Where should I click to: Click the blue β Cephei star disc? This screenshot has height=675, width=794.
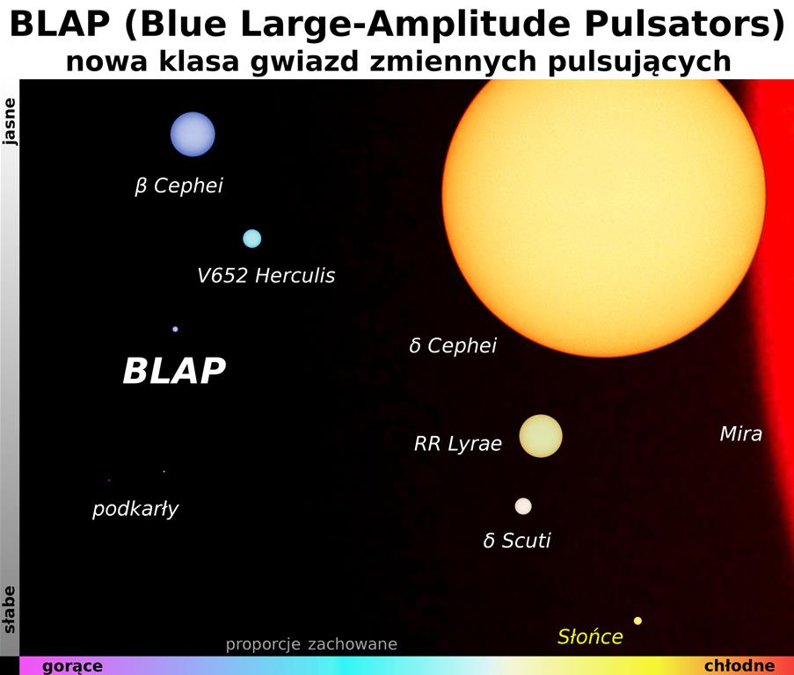[193, 134]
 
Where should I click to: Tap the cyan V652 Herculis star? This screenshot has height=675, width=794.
[252, 238]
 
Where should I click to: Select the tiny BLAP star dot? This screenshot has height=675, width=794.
[175, 329]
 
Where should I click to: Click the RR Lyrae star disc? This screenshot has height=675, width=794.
[541, 436]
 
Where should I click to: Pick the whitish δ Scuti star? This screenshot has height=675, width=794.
[523, 506]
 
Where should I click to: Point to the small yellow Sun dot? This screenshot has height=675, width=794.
[637, 621]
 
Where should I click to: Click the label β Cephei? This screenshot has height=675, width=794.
[178, 185]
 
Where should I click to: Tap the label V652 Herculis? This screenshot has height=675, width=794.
[266, 276]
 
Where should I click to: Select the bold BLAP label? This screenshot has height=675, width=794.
[174, 370]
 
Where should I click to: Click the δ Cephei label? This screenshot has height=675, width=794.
[453, 345]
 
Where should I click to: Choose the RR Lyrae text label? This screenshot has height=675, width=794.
[458, 444]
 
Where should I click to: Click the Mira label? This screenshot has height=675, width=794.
[741, 433]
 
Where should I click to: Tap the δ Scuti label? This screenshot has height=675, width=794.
[517, 541]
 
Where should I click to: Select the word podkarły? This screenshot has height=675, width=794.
[135, 509]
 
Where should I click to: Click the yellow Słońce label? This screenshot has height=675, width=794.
[590, 636]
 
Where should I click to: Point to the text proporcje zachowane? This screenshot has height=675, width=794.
[311, 644]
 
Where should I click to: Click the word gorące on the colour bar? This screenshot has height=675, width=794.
[72, 666]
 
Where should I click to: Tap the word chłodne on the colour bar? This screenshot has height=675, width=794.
[739, 665]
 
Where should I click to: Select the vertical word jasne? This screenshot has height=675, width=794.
[10, 122]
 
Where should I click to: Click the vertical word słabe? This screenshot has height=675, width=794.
[10, 610]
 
